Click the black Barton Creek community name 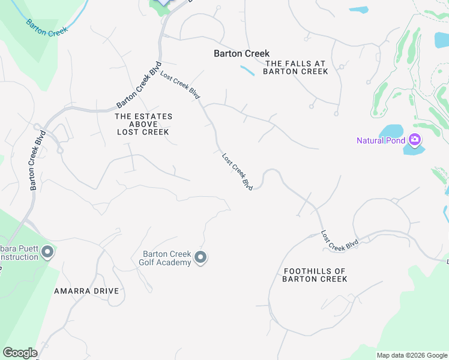(242, 53)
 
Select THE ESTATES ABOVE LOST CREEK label (143, 124)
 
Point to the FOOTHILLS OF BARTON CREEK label (315, 275)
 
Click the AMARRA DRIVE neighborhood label (86, 291)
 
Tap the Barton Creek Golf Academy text (166, 258)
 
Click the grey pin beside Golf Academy (201, 258)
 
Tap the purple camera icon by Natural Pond (414, 140)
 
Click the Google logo (20, 353)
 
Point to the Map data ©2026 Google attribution (412, 355)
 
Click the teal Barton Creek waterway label (45, 27)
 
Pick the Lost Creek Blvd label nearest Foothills (340, 241)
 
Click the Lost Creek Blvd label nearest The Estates (180, 87)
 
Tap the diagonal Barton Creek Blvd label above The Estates (139, 84)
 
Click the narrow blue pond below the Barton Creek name (247, 70)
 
